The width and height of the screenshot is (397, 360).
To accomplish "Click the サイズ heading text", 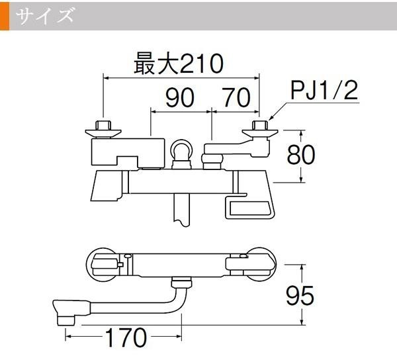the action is (x=45, y=16).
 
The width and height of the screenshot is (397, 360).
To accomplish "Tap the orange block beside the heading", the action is (x=5, y=16).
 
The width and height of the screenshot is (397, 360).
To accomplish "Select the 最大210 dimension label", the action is (x=179, y=64).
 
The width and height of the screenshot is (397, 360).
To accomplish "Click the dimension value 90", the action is (x=180, y=97).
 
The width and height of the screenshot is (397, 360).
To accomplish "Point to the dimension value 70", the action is (x=236, y=97).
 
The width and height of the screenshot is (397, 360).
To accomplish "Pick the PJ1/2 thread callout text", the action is (x=324, y=91).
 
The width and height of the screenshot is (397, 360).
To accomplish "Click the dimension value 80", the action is (x=301, y=154).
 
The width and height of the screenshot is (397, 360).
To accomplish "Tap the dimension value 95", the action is (x=300, y=295).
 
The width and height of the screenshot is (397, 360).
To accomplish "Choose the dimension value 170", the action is (x=126, y=337).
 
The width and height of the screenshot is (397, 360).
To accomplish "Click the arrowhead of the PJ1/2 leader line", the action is (x=271, y=118).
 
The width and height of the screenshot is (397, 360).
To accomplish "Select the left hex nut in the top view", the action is (x=103, y=125).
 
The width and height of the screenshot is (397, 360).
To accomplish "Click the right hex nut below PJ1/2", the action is (x=260, y=125).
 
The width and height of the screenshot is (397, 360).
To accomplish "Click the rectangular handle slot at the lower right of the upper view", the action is (x=249, y=208).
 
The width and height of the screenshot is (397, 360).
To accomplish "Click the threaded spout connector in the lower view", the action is (x=181, y=283).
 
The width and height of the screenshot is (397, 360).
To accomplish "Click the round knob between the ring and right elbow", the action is (x=212, y=159).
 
